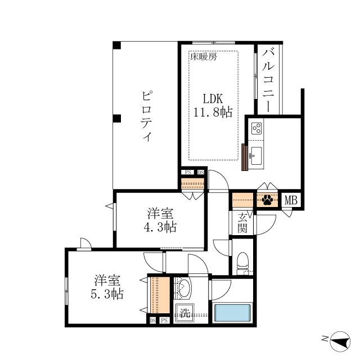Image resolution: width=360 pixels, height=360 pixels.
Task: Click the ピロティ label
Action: (146, 115)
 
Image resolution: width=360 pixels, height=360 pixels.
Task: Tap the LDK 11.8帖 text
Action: (213, 105)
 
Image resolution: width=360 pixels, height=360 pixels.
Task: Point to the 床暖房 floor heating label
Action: (203, 56)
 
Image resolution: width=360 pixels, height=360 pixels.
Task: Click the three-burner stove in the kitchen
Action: (256, 128)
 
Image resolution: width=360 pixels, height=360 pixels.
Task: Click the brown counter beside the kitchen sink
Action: (245, 157)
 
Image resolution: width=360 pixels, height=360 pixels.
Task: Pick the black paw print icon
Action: (267, 200)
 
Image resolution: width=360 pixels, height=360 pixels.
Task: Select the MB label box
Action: (290, 200)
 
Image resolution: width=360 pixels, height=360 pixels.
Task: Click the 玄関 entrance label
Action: (242, 223)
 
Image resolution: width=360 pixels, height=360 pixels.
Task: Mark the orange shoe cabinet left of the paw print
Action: (243, 200)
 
